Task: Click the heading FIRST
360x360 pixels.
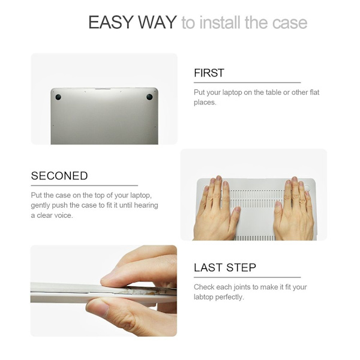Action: click(x=209, y=73)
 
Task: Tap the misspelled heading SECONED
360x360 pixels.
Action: click(x=59, y=176)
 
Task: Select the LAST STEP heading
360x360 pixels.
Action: click(x=225, y=268)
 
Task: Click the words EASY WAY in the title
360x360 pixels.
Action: click(x=133, y=22)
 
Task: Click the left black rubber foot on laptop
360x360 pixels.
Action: click(x=58, y=97)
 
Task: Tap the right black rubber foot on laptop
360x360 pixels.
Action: click(x=149, y=97)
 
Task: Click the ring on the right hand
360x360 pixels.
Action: click(x=302, y=201)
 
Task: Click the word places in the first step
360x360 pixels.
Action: click(x=205, y=103)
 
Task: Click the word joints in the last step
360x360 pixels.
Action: click(x=242, y=287)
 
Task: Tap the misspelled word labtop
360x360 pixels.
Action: click(x=203, y=297)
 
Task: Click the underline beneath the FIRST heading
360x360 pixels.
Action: click(x=247, y=82)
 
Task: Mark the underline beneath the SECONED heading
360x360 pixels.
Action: click(x=85, y=185)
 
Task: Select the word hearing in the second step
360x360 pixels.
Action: click(x=146, y=205)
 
